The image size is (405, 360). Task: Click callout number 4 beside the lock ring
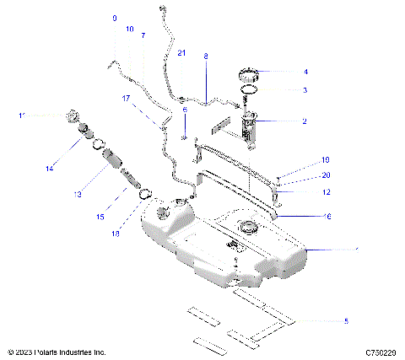[305, 73]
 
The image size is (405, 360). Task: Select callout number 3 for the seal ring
[305, 90]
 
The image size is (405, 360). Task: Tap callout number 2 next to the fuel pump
[304, 121]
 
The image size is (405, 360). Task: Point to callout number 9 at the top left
[115, 18]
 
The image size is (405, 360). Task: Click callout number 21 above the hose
[182, 53]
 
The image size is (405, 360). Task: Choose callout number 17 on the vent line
[127, 99]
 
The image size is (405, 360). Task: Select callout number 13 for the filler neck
[77, 195]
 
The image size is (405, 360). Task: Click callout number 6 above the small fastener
[184, 110]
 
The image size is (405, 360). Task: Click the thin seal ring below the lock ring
[250, 89]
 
